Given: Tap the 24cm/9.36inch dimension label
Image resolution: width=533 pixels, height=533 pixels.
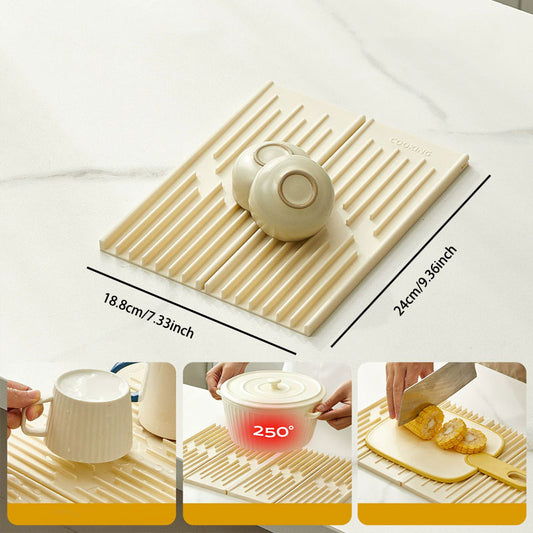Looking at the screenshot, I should (425, 280).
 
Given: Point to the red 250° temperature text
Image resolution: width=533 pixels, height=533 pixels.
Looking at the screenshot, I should (273, 432).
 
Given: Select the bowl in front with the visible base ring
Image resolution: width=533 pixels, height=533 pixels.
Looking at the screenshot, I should (291, 196).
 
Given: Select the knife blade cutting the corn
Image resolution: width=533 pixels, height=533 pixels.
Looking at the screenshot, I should (438, 391).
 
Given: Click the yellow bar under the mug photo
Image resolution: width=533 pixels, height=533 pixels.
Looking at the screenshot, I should (91, 514).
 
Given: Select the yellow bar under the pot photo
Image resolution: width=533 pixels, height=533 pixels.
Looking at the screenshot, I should (267, 514).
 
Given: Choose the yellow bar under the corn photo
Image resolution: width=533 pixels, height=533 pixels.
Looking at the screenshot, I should (442, 514).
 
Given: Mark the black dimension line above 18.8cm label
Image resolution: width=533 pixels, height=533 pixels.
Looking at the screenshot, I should (190, 309).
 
